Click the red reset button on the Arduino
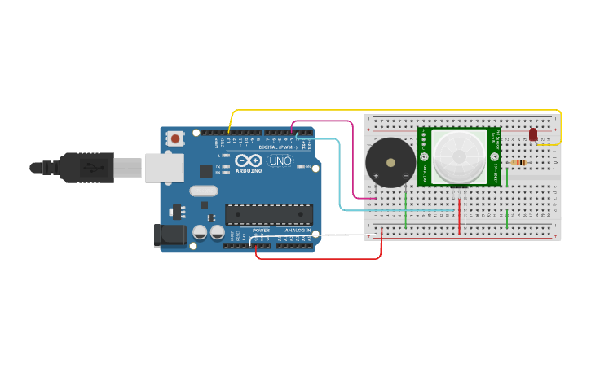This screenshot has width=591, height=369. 175,139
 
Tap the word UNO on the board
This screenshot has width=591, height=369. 280,161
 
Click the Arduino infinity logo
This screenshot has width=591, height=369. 249,160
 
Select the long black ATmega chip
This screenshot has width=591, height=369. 269,214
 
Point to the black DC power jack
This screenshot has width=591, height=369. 170,235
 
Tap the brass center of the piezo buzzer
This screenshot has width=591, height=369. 390,162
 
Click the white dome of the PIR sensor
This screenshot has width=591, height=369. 458,156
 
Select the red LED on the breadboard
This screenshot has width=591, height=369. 533,134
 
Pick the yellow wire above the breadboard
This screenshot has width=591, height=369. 391,110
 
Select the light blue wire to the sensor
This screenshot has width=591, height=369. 340,179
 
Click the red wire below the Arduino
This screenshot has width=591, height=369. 318,259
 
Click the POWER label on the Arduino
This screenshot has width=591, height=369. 261,231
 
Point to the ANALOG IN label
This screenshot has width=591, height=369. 297,231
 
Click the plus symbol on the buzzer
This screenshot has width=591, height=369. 376,175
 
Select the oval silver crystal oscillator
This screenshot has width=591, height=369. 204,191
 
